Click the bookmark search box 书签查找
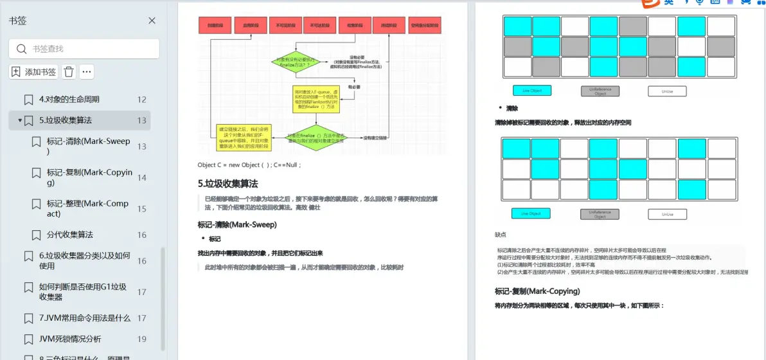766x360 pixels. [84, 49]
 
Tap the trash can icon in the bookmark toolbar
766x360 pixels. [69, 72]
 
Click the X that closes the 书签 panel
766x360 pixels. [152, 21]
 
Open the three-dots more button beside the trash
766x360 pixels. [87, 72]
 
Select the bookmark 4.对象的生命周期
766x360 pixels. [69, 100]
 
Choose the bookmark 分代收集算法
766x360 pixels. [69, 235]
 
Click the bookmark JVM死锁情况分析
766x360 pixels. [69, 339]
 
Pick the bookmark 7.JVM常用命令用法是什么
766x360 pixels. [84, 318]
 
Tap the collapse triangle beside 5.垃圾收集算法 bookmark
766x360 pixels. [20, 120]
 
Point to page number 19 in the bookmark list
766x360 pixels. [141, 339]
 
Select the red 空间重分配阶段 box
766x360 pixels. [425, 26]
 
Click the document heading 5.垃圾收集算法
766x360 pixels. [228, 183]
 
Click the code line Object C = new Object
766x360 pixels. [249, 165]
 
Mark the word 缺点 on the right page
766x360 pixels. [500, 235]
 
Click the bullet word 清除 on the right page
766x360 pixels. [512, 109]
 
